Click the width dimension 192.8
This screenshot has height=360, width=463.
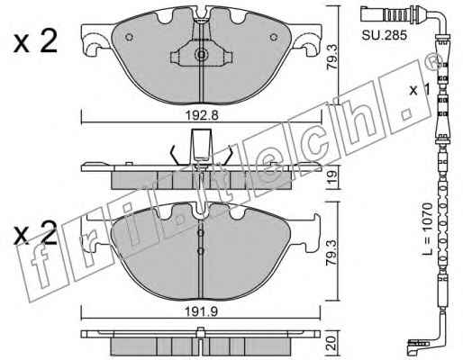coord(202,115)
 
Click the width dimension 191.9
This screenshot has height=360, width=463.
coord(202,312)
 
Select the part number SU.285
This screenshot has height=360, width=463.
coord(384,35)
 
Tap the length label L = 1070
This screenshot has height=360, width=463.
coord(427,229)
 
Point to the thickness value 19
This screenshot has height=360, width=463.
coord(332,177)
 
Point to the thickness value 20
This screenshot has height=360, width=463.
coord(331,343)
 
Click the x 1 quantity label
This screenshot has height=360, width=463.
coord(420,89)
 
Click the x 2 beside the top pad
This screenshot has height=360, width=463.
coord(35,42)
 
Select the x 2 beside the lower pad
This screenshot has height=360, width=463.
coord(35,232)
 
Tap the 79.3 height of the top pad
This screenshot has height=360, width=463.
coord(332,58)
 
